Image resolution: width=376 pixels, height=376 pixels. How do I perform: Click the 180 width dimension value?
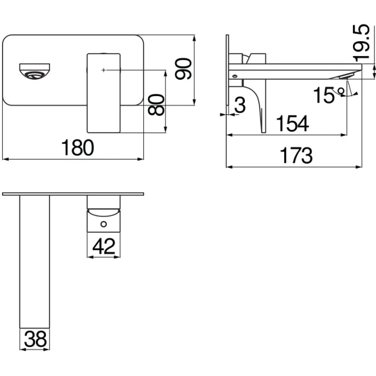pyautogui.click(x=78, y=147)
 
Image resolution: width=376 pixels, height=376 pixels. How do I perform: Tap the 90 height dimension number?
pyautogui.click(x=183, y=69)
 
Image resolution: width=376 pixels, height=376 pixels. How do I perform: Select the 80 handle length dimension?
pyautogui.click(x=156, y=105)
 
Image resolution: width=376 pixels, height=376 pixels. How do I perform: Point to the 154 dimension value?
pyautogui.click(x=292, y=123)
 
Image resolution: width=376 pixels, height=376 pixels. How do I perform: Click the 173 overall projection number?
pyautogui.click(x=296, y=156)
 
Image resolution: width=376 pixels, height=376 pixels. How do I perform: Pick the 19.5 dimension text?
pyautogui.click(x=361, y=43)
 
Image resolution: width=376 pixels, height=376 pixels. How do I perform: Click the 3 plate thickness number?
pyautogui.click(x=240, y=105)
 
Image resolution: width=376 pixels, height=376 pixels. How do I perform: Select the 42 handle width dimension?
pyautogui.click(x=103, y=246)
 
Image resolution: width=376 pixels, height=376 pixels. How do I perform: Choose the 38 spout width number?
pyautogui.click(x=35, y=339)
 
